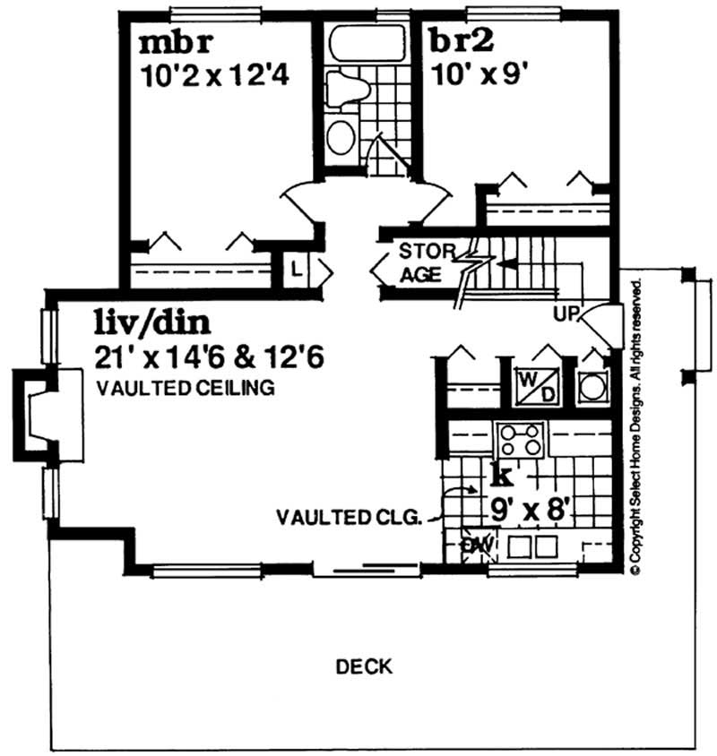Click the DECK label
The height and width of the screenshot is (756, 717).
pyautogui.click(x=364, y=666)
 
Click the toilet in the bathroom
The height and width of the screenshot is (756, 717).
pyautogui.click(x=344, y=90)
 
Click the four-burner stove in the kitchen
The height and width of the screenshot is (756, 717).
pyautogui.click(x=521, y=439)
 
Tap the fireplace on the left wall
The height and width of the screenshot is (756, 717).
pyautogui.click(x=36, y=417)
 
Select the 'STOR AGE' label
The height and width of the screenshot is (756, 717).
pyautogui.click(x=420, y=262)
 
